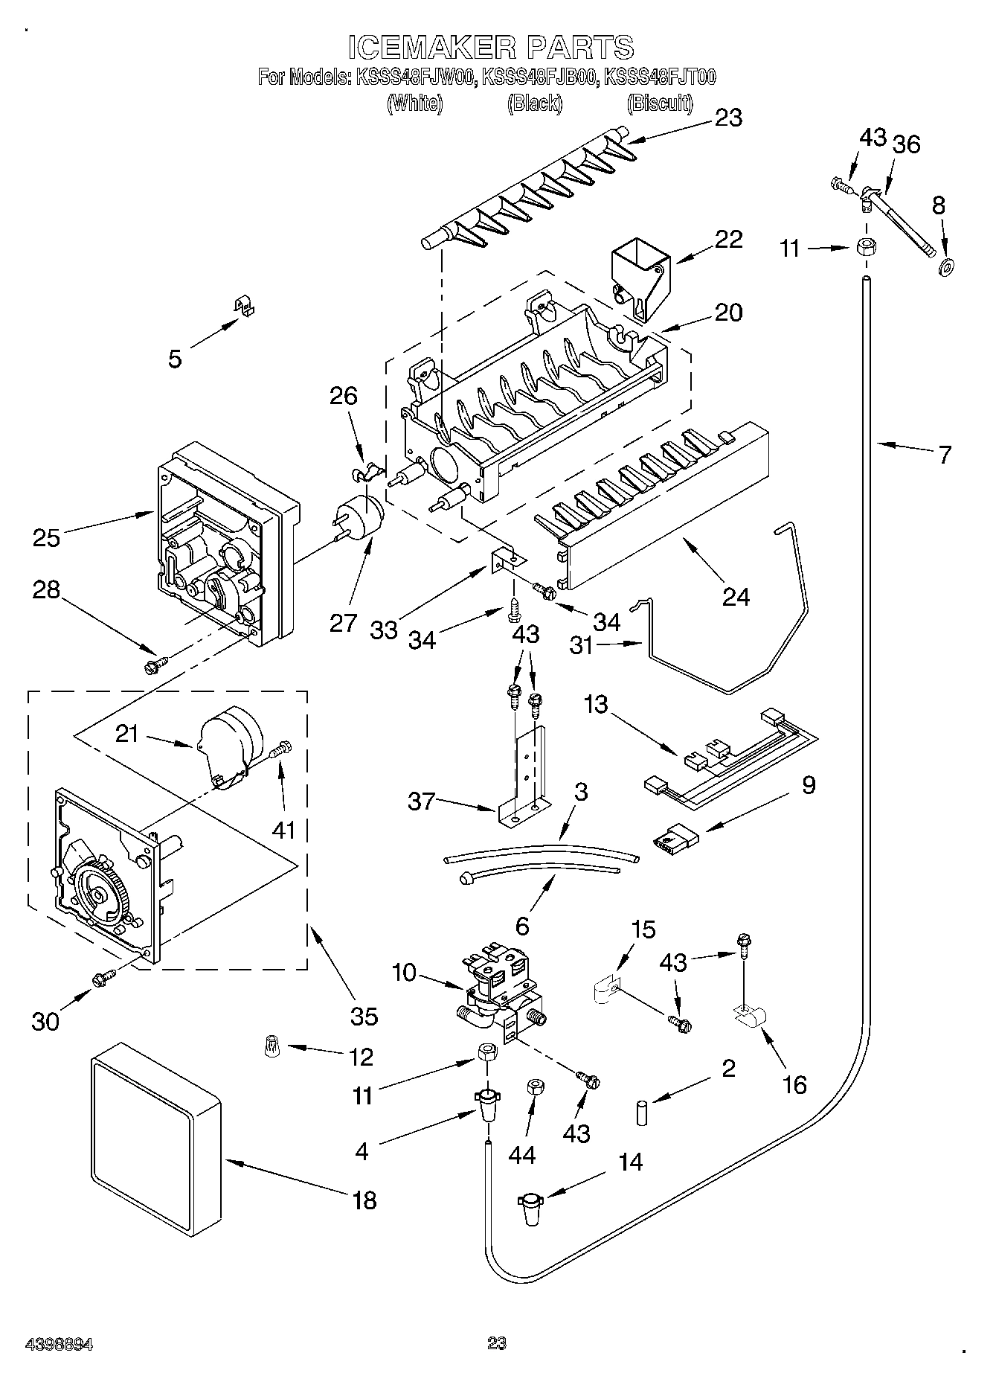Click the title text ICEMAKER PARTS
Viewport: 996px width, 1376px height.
point(491,47)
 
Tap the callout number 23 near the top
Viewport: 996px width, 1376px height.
point(728,118)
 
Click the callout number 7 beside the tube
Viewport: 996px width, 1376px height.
point(944,454)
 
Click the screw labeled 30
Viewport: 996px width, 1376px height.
point(103,979)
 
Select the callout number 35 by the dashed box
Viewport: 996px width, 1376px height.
point(364,1015)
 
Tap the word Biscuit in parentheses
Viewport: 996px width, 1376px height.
point(660,103)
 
